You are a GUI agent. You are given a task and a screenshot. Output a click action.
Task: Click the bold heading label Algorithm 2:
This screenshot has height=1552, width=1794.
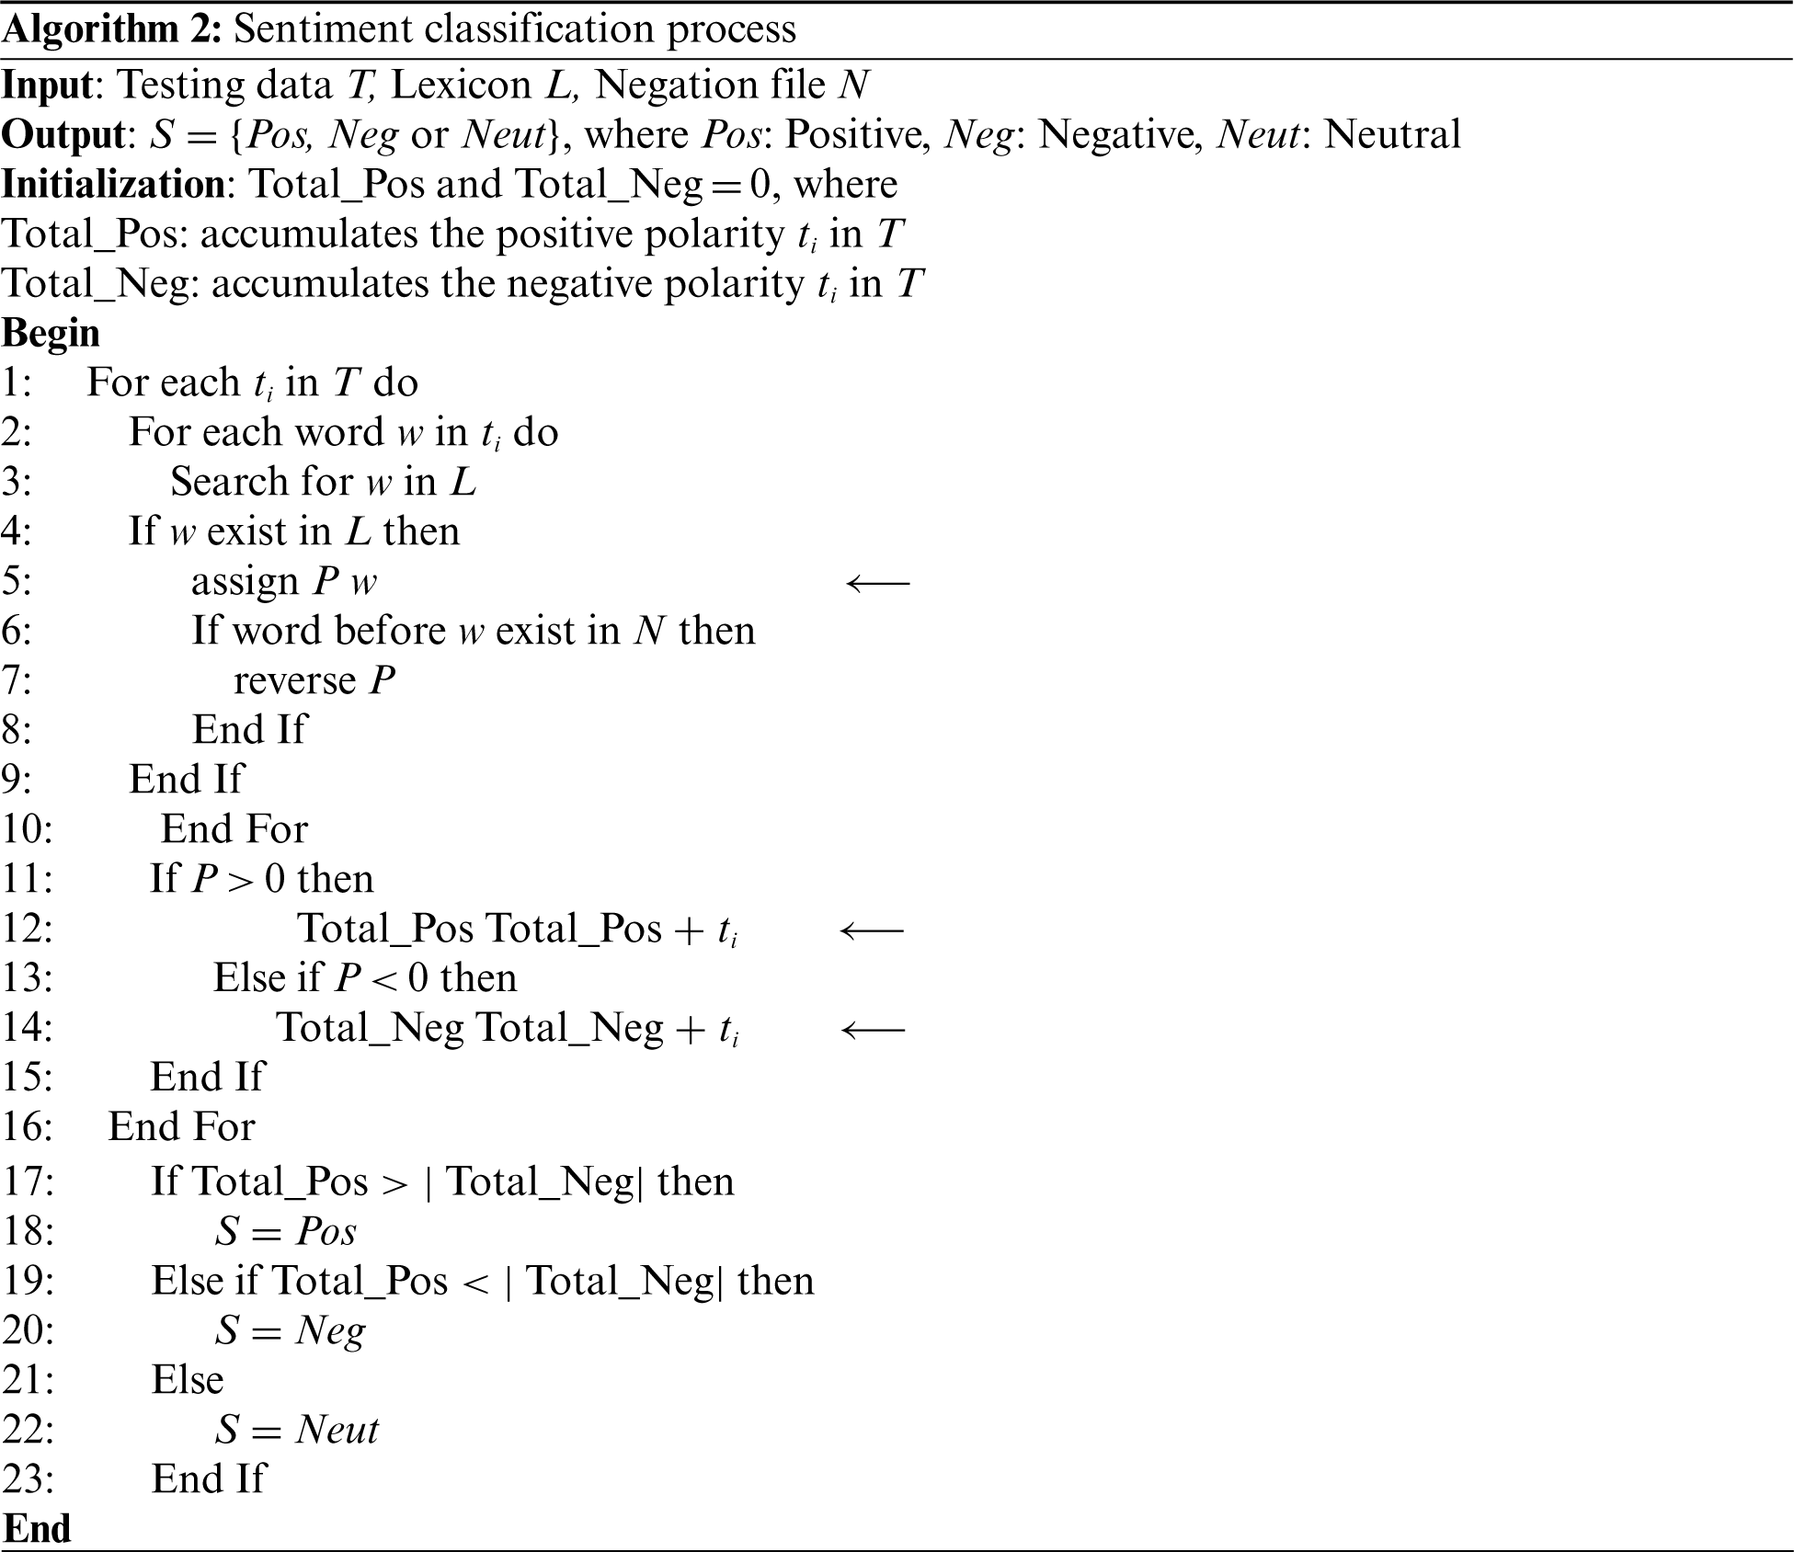tap(111, 29)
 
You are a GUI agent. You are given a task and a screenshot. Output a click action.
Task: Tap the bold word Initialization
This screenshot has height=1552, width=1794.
tap(113, 185)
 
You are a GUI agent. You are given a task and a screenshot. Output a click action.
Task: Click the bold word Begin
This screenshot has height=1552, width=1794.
tap(51, 333)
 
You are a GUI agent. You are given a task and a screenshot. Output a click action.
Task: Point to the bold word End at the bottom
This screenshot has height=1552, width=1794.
tap(37, 1528)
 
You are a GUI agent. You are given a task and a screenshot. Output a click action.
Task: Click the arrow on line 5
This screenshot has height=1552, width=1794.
tap(877, 583)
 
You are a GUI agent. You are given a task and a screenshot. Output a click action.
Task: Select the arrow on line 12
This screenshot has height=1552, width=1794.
tap(872, 930)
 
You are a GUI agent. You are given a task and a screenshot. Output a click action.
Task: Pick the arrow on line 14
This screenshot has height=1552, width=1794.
tap(873, 1030)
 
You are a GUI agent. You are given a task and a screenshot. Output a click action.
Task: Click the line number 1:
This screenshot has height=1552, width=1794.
tap(17, 383)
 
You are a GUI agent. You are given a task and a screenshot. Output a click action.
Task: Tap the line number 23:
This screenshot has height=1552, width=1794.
tap(29, 1478)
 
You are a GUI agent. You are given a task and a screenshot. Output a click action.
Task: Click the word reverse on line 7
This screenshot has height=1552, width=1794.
tap(294, 681)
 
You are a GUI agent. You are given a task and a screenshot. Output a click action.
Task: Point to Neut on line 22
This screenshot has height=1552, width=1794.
tap(337, 1430)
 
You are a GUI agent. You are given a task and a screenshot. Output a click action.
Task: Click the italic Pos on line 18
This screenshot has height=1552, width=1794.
tap(326, 1231)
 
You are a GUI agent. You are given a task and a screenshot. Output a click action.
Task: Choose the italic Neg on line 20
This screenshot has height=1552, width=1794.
tap(330, 1331)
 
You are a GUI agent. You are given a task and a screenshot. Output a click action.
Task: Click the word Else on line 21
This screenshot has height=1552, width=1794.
tap(188, 1379)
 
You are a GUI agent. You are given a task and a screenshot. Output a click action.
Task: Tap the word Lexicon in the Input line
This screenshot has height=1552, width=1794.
tap(461, 86)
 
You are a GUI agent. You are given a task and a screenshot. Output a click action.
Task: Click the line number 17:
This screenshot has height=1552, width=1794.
tap(29, 1181)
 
